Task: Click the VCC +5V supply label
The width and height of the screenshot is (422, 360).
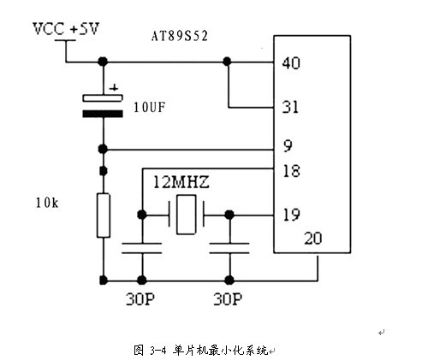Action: [x=66, y=29]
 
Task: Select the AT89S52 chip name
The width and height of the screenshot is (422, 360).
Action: [x=180, y=36]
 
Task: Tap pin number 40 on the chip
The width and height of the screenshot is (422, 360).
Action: [x=291, y=63]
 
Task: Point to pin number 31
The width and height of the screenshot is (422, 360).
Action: [x=290, y=107]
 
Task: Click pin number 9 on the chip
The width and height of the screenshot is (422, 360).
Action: [x=288, y=146]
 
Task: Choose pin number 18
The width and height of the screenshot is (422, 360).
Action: [x=291, y=171]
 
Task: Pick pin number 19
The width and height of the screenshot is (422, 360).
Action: [x=291, y=215]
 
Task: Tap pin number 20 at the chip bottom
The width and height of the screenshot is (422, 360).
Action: [x=313, y=239]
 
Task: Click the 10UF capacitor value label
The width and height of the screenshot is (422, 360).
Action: [x=149, y=108]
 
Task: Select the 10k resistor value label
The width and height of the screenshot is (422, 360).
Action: [x=47, y=203]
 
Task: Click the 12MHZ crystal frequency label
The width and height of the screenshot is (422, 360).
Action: [x=181, y=182]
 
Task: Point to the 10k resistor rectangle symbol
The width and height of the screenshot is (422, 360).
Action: [x=104, y=215]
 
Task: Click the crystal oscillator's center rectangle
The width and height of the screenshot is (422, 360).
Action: [x=186, y=215]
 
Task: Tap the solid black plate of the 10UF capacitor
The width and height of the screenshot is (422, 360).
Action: [x=103, y=114]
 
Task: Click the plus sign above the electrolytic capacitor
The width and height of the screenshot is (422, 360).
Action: [x=114, y=88]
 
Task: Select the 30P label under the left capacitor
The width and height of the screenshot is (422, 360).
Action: [x=140, y=299]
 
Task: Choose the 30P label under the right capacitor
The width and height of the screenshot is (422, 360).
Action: [x=228, y=299]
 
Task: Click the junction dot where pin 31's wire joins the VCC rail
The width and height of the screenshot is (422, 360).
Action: [x=227, y=62]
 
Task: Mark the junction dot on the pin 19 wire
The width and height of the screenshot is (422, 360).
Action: [x=229, y=215]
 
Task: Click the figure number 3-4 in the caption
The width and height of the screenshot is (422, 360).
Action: [x=158, y=350]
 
